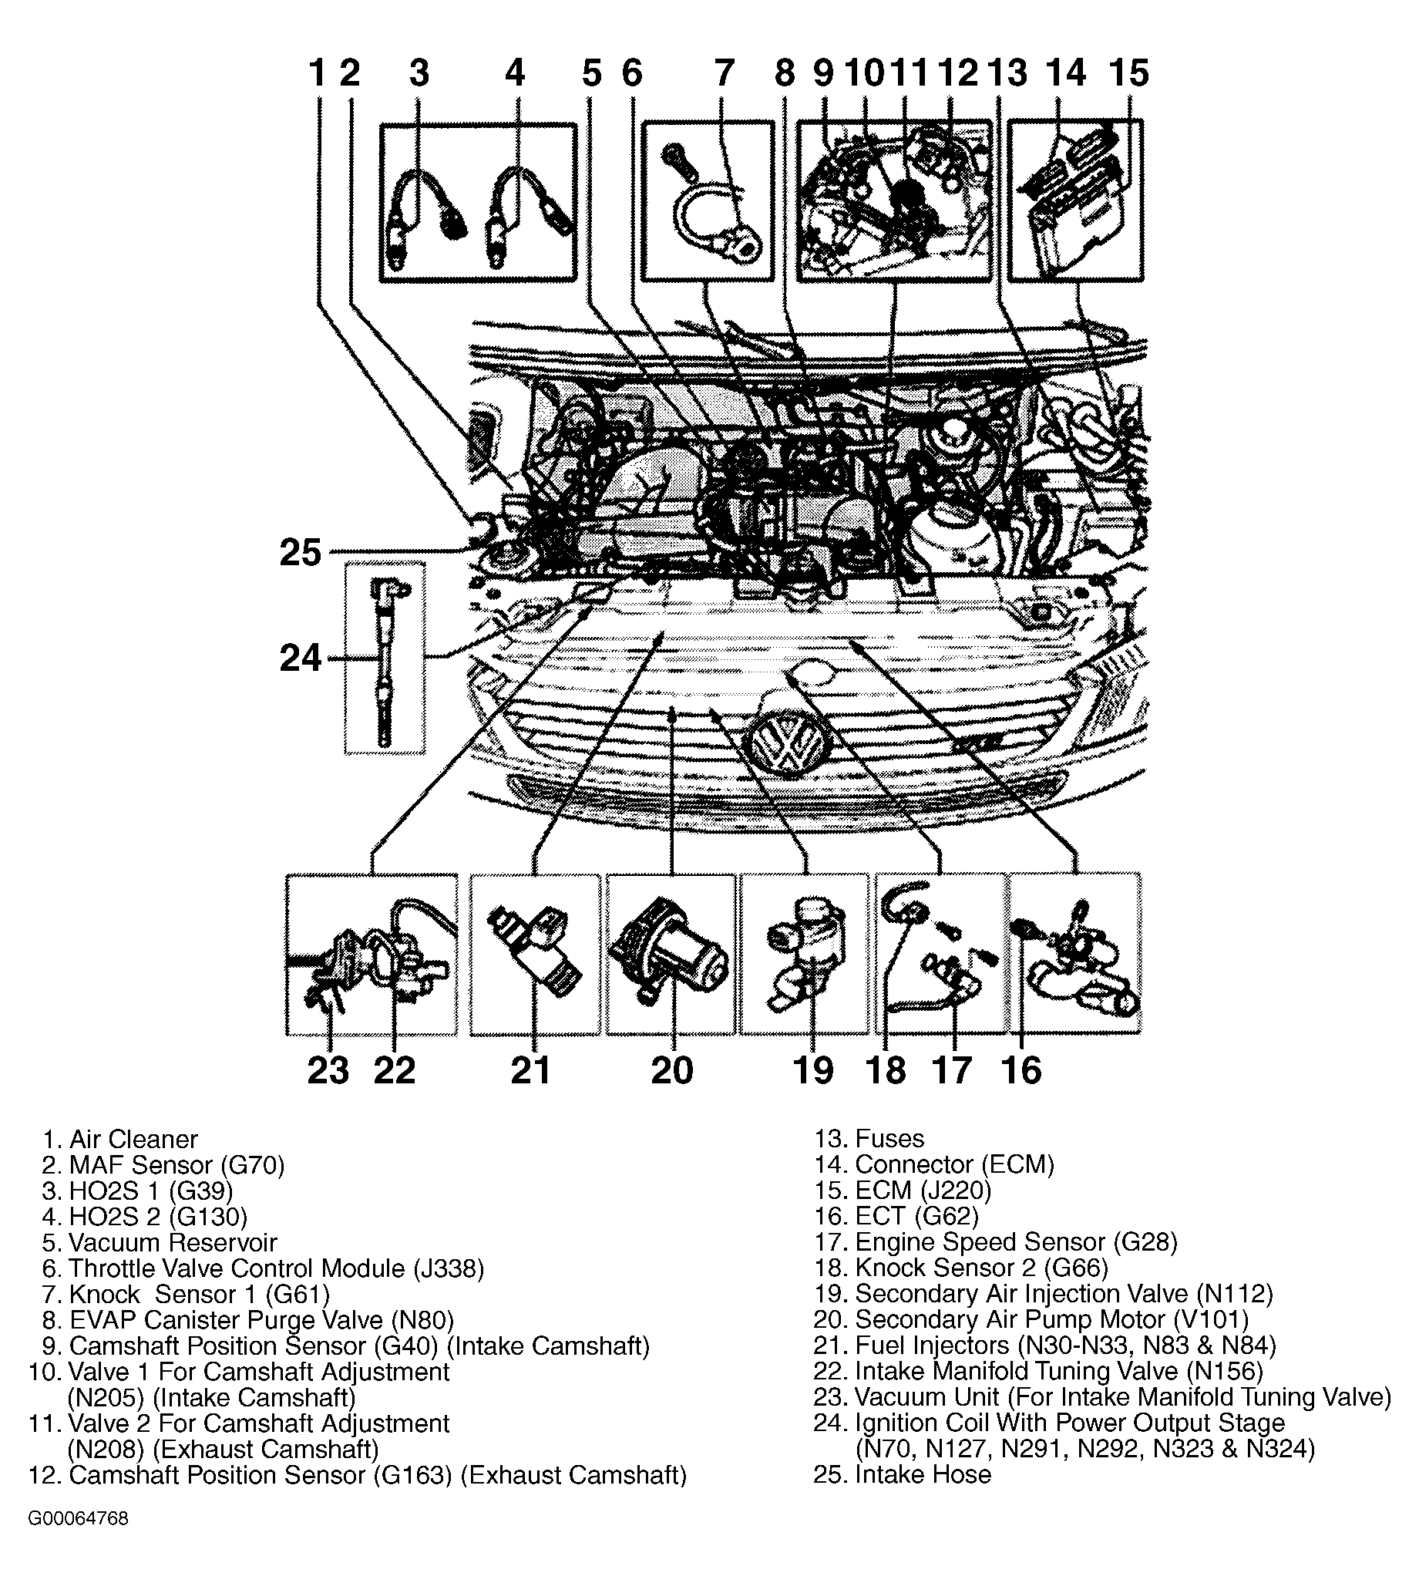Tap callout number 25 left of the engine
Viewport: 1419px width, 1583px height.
click(300, 552)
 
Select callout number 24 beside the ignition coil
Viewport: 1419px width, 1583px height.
click(300, 658)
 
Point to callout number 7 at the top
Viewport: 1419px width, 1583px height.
click(725, 73)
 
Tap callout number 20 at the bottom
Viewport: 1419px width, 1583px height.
click(671, 1070)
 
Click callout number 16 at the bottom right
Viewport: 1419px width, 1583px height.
click(1021, 1070)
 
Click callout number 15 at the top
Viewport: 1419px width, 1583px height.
click(1128, 73)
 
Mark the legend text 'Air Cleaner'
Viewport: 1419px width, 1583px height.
click(133, 1140)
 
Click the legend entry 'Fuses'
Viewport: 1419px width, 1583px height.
click(889, 1139)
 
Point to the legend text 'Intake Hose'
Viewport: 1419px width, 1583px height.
click(923, 1474)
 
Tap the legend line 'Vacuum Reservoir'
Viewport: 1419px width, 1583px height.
click(173, 1242)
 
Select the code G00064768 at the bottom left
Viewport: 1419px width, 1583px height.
click(78, 1519)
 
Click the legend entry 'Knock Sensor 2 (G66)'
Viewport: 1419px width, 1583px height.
click(981, 1268)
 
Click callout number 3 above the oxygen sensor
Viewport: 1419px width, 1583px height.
click(419, 73)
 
